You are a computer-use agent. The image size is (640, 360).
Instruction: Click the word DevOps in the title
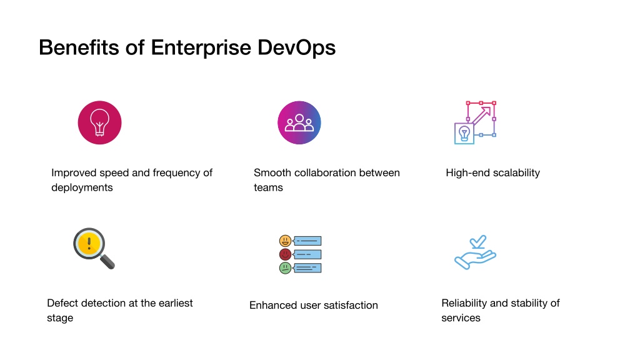[x=296, y=48]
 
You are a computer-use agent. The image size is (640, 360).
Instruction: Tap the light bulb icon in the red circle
[x=99, y=122]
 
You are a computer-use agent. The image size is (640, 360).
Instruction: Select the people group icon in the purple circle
[x=299, y=122]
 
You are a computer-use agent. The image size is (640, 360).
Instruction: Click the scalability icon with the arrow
[x=475, y=122]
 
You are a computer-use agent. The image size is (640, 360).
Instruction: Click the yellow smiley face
[x=285, y=241]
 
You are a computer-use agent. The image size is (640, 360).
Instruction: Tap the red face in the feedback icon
[x=285, y=254]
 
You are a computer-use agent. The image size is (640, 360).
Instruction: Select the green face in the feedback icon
[x=285, y=268]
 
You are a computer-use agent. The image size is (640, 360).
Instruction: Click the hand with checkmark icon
[x=475, y=252]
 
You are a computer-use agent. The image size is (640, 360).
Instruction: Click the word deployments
[x=82, y=187]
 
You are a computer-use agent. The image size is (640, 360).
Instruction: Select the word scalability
[x=516, y=173]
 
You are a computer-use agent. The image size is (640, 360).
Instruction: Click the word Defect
[x=61, y=303]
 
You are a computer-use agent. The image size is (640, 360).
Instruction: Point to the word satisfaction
[x=351, y=305]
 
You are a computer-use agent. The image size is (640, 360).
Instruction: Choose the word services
[x=461, y=318]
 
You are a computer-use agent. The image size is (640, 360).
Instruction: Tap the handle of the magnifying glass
[x=107, y=262]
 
